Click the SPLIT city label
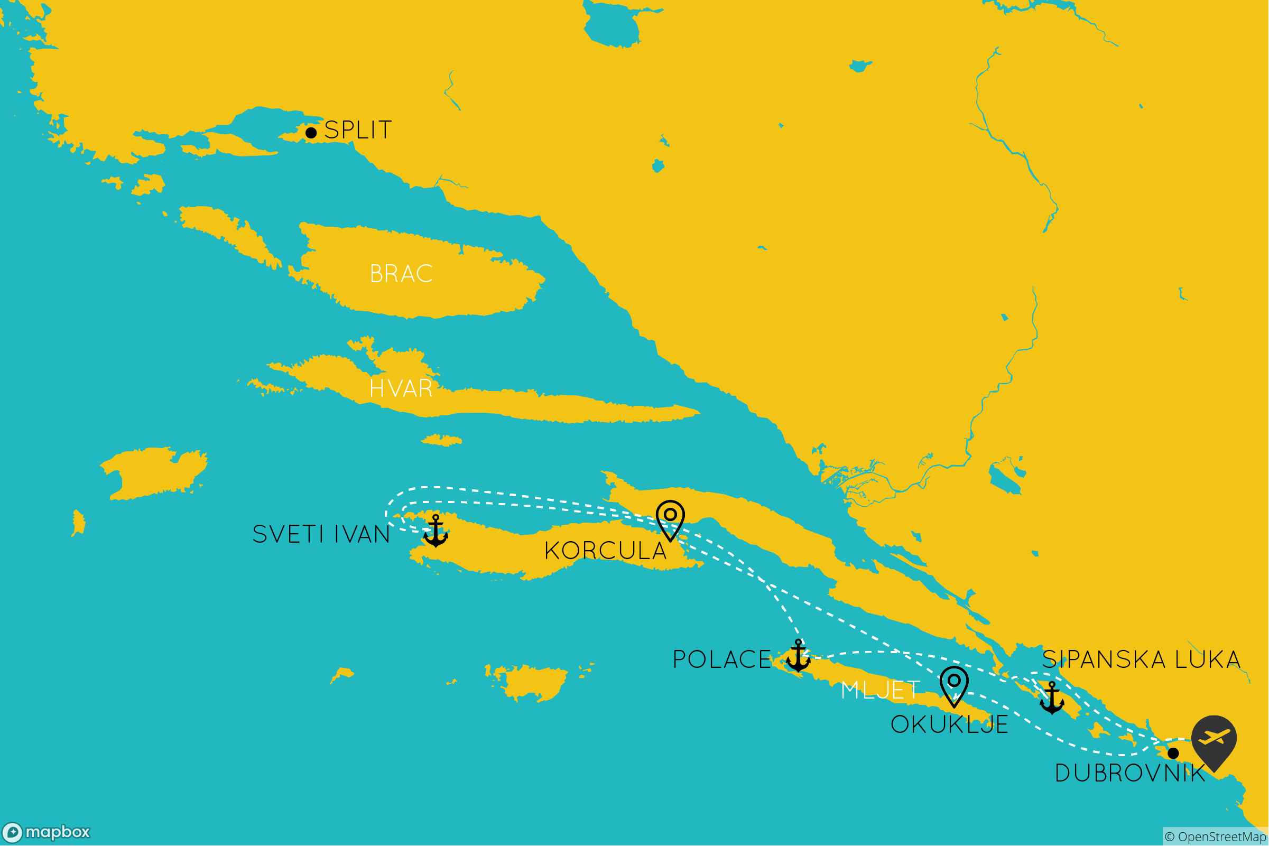[x=358, y=130]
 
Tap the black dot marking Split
[x=311, y=133]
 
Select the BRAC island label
[x=402, y=274]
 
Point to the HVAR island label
[x=401, y=388]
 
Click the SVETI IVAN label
[x=321, y=535]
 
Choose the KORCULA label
[x=605, y=551]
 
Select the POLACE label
[x=722, y=659]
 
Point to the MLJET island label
[x=881, y=690]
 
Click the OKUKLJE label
[x=950, y=724]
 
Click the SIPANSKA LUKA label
[x=1142, y=659]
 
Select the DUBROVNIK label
[x=1130, y=773]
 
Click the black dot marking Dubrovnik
[x=1173, y=753]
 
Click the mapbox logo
[x=46, y=832]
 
